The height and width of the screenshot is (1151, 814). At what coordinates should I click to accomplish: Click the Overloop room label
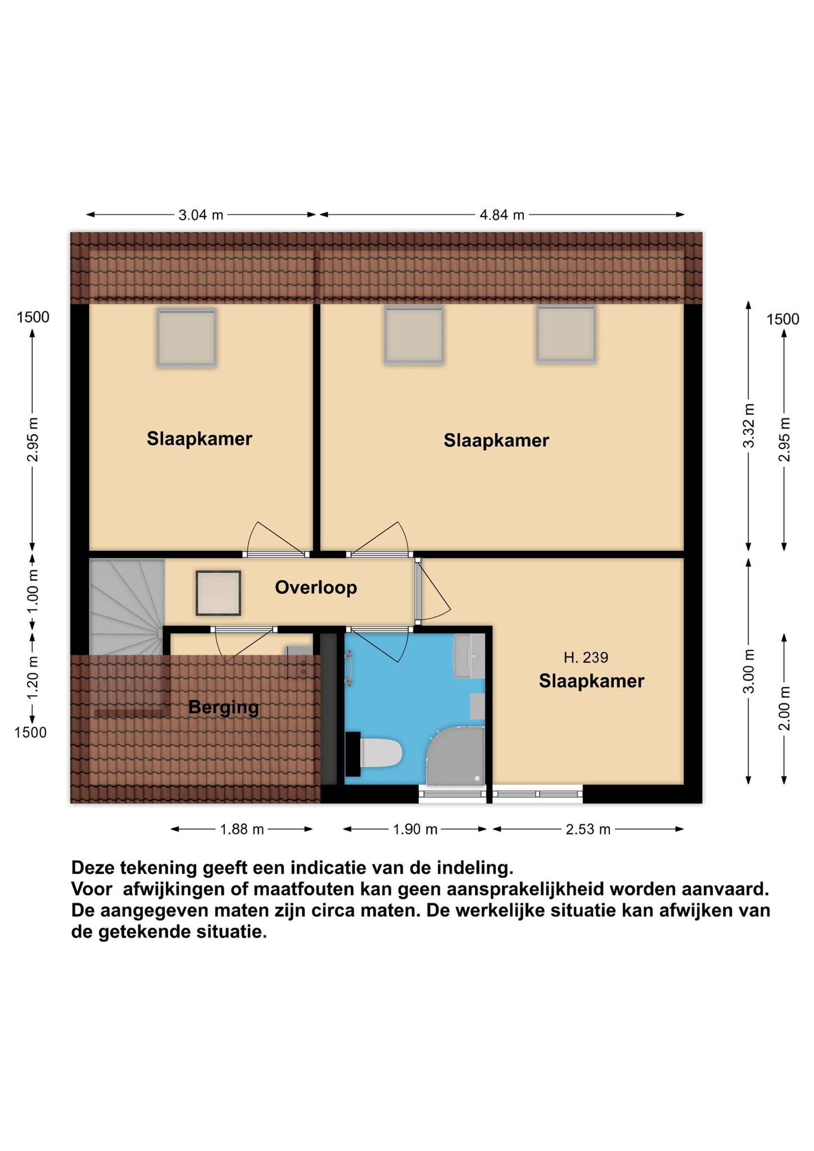(x=316, y=587)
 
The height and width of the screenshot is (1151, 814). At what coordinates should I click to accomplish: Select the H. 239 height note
(x=585, y=657)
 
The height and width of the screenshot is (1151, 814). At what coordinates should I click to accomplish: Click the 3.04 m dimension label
(x=201, y=215)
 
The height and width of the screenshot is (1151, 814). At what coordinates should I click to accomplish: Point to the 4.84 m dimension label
(x=502, y=215)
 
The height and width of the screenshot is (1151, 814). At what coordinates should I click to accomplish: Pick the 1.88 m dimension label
(x=242, y=829)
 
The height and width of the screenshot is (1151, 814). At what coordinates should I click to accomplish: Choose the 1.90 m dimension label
(x=415, y=829)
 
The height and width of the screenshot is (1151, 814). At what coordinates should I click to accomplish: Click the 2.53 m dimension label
(x=588, y=829)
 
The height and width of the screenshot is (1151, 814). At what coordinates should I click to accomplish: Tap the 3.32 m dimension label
(x=749, y=425)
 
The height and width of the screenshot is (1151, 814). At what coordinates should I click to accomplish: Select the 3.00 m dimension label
(x=749, y=671)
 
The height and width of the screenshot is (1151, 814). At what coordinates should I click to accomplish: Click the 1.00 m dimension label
(x=33, y=591)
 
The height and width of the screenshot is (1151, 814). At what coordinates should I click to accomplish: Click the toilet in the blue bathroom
(x=380, y=752)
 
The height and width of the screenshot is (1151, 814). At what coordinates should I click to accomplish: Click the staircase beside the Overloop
(x=127, y=607)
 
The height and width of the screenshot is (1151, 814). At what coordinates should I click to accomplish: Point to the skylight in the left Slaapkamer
(x=187, y=337)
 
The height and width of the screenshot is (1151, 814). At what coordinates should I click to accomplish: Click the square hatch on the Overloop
(x=218, y=593)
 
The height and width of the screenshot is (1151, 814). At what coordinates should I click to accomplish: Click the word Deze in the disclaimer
(x=93, y=868)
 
